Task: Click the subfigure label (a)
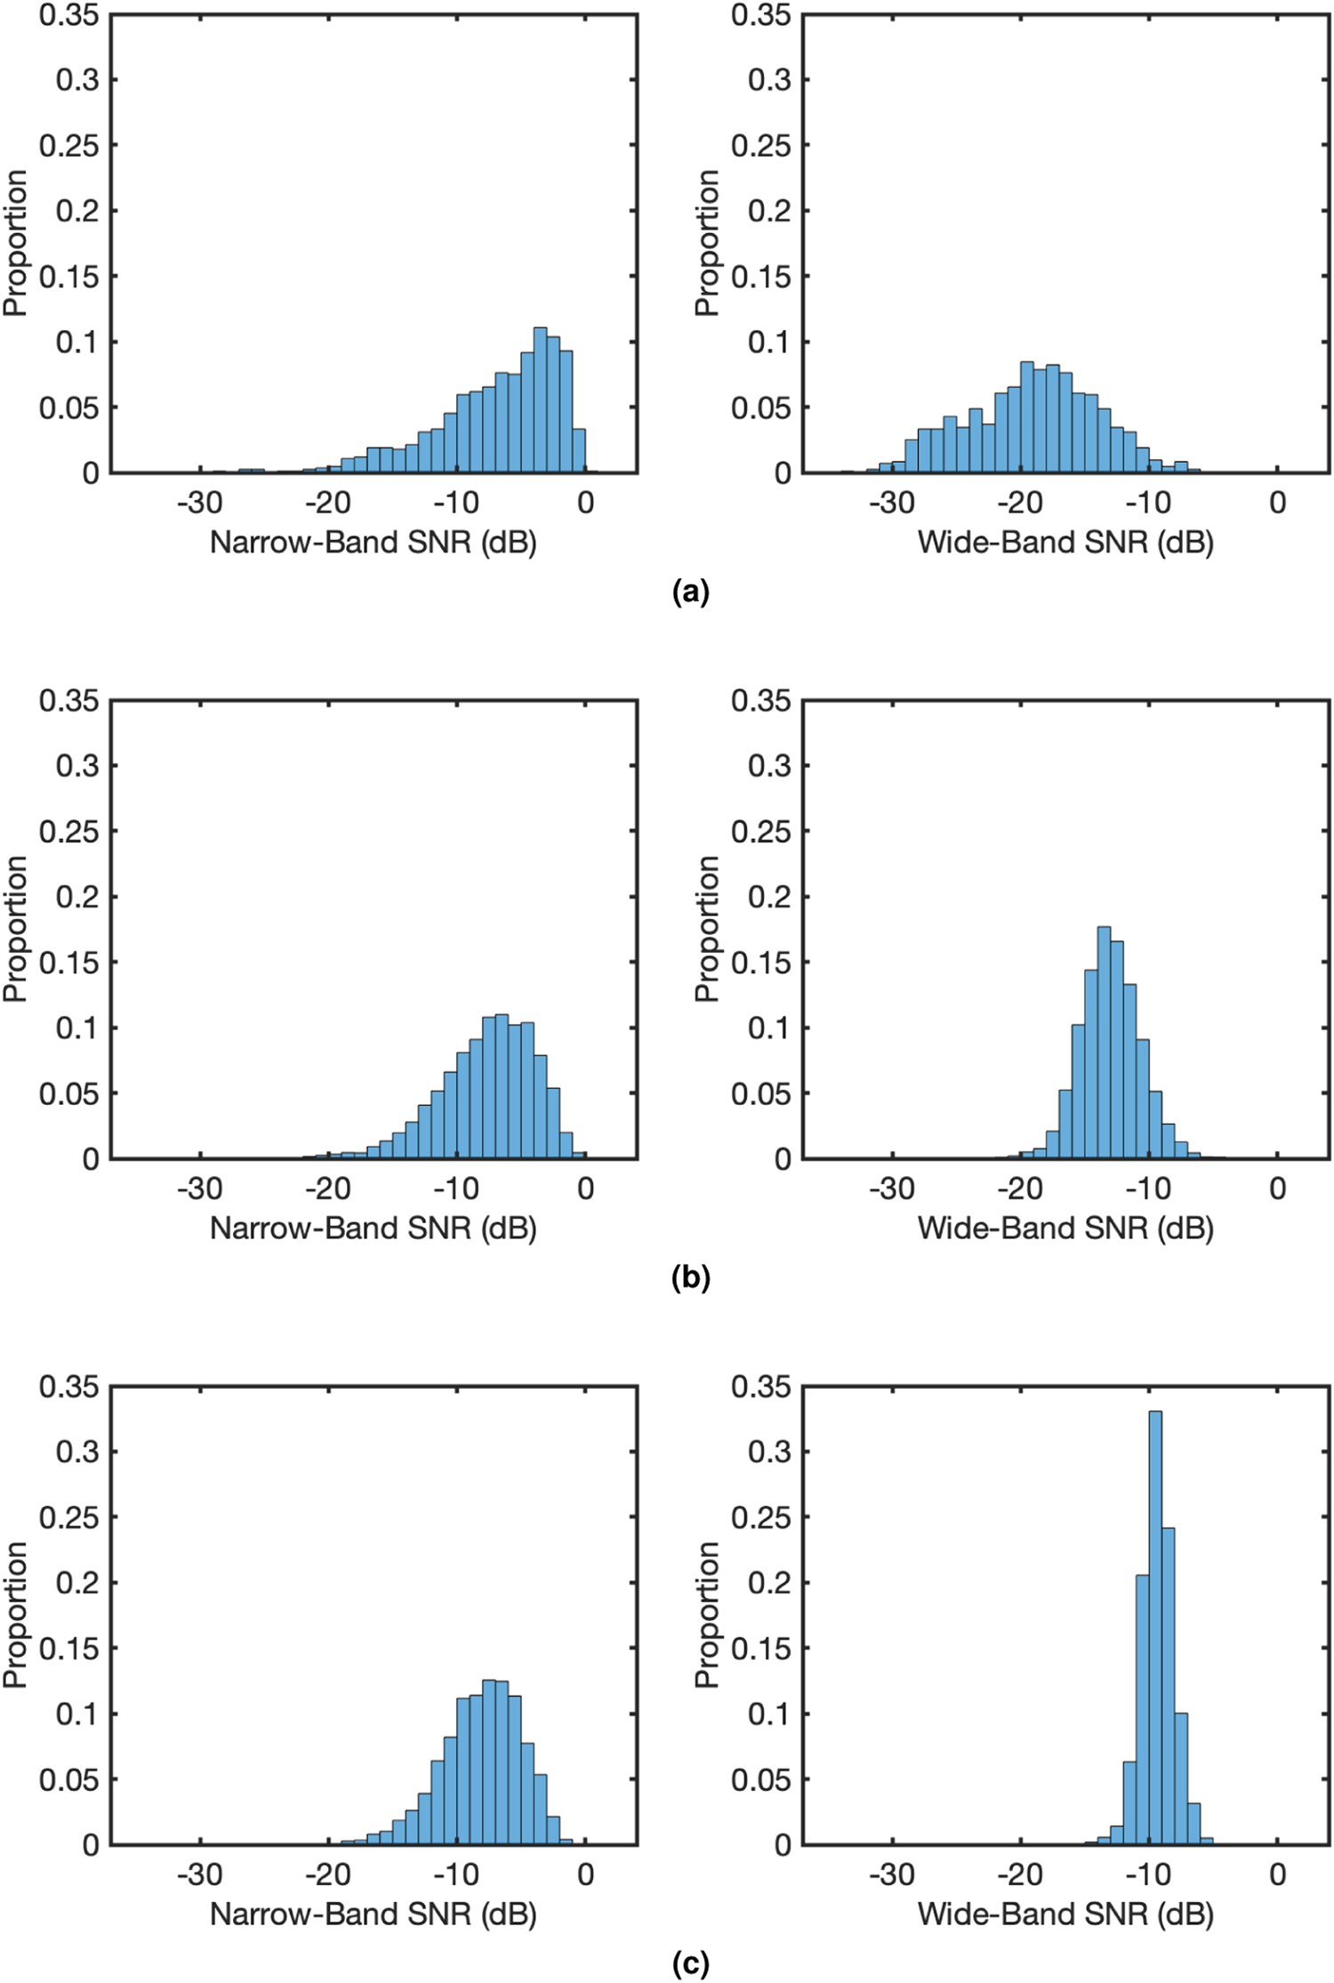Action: click(691, 592)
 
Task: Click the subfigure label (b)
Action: click(691, 1278)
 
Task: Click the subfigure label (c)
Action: click(691, 1963)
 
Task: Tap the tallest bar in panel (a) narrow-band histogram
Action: click(540, 400)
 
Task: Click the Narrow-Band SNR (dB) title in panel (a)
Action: click(373, 542)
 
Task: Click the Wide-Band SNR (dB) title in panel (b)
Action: click(1065, 1228)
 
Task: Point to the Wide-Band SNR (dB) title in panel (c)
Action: click(1065, 1914)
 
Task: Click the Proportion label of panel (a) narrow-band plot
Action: click(16, 243)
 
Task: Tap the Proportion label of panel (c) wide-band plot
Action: click(707, 1615)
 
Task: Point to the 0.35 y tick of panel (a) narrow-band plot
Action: click(68, 15)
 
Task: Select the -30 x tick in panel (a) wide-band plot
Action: click(892, 503)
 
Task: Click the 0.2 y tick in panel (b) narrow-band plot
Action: click(77, 897)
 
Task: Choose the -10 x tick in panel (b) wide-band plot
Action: click(1148, 1189)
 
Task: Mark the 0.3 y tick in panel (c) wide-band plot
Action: click(769, 1451)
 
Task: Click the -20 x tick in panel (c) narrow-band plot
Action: click(328, 1874)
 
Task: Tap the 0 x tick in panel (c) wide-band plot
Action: click(1277, 1874)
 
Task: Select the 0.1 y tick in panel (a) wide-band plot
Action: click(769, 343)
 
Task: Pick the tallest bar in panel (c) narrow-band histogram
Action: click(488, 1762)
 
